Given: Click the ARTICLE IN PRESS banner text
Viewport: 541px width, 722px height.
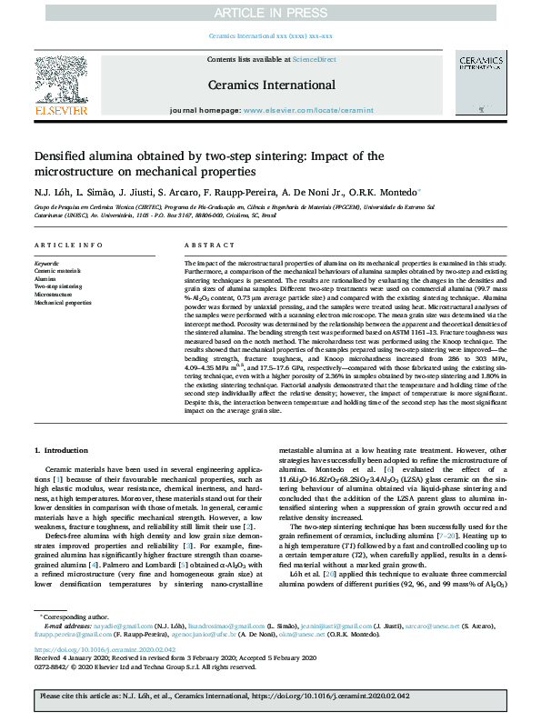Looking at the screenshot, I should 270,12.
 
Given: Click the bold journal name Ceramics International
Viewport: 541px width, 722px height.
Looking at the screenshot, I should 271,84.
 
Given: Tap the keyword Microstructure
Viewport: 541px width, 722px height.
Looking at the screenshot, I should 53,295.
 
